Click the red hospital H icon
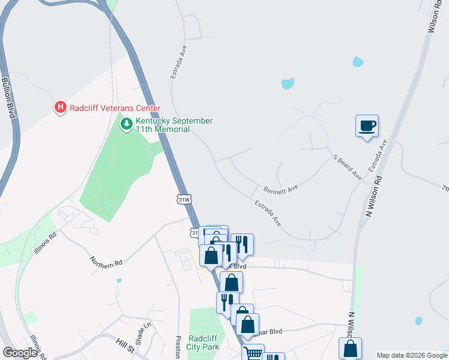click(61, 108)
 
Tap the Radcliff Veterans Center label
click(115, 109)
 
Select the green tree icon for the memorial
click(126, 124)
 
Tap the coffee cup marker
click(367, 125)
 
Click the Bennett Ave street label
click(280, 188)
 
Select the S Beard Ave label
click(348, 167)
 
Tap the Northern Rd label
click(106, 262)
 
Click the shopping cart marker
click(253, 353)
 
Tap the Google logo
click(20, 353)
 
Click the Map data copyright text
click(412, 355)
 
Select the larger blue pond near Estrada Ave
click(288, 83)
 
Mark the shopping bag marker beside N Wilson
click(350, 348)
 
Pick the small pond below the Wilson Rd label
click(358, 61)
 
